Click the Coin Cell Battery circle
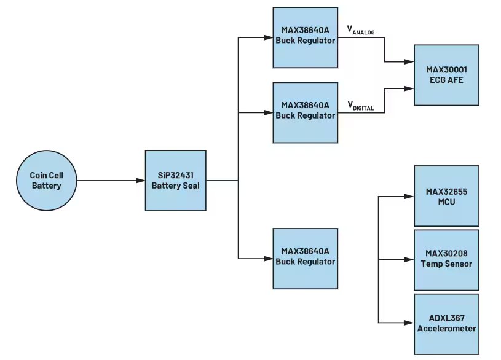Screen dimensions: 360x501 pyautogui.click(x=46, y=181)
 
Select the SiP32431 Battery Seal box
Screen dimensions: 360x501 pyautogui.click(x=175, y=181)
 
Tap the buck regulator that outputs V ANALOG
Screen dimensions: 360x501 pyautogui.click(x=306, y=37)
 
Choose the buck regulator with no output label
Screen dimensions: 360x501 pyautogui.click(x=306, y=258)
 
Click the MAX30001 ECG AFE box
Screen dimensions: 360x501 pyautogui.click(x=446, y=76)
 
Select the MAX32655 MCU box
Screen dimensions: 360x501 pyautogui.click(x=446, y=196)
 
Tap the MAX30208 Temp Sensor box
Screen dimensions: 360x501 pyautogui.click(x=446, y=260)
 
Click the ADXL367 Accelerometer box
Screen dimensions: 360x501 pyautogui.click(x=446, y=324)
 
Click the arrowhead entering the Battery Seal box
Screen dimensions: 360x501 pyautogui.click(x=141, y=181)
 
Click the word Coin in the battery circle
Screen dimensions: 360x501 pyautogui.click(x=38, y=175)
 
